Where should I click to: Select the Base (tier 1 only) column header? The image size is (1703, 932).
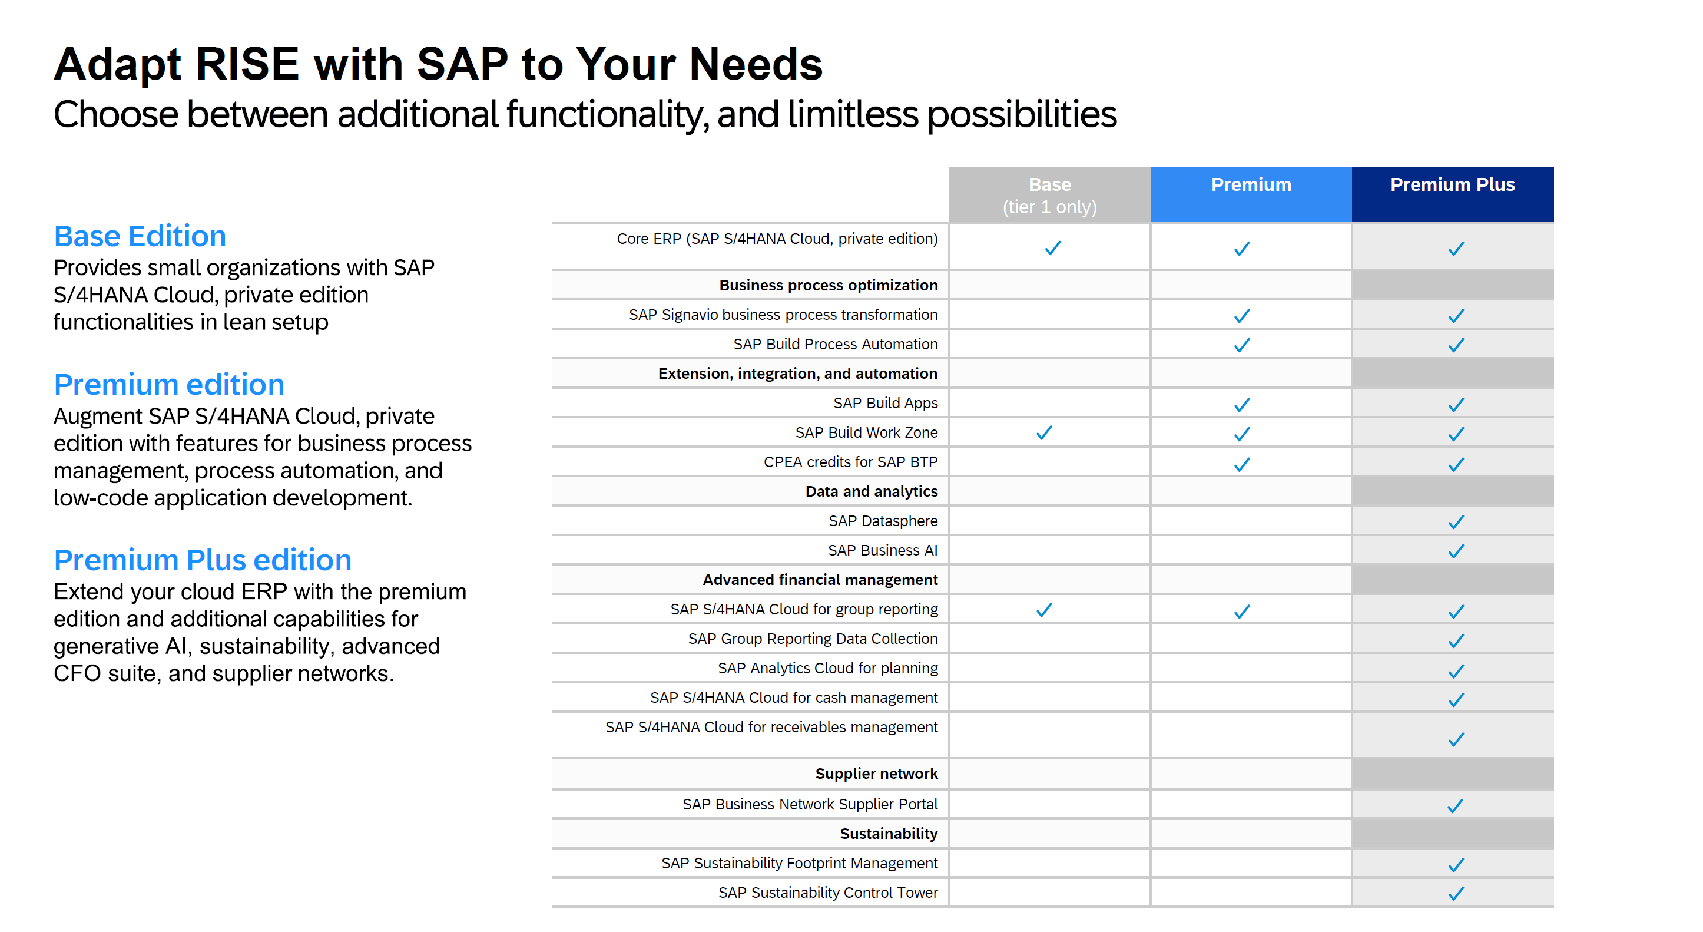click(x=1049, y=195)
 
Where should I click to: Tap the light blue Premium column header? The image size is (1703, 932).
click(x=1250, y=184)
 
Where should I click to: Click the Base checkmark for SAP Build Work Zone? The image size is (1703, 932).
click(x=1044, y=432)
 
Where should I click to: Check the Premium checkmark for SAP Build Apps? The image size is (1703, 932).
click(x=1241, y=404)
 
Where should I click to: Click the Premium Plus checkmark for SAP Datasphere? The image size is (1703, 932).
click(x=1455, y=522)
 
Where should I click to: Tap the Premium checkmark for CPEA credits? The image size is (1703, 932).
click(x=1241, y=464)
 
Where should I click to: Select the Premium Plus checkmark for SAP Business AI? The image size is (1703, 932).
click(x=1455, y=551)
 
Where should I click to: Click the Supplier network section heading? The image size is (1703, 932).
click(x=876, y=774)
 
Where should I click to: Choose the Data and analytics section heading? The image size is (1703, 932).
click(x=871, y=491)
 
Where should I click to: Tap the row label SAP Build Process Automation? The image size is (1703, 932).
click(x=835, y=344)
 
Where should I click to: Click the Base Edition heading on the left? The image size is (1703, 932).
click(x=140, y=236)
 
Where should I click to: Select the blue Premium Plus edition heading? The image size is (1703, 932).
click(x=203, y=560)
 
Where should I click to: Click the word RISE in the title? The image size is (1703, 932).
click(x=247, y=64)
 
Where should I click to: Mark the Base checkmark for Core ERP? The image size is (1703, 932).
click(x=1052, y=248)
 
